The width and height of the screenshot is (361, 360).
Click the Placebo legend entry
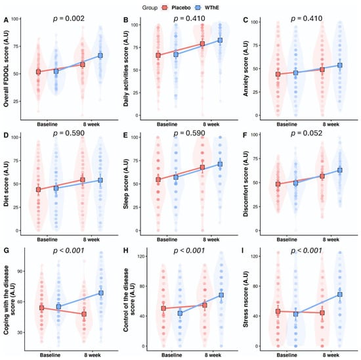176,8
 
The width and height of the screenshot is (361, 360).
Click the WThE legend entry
207,8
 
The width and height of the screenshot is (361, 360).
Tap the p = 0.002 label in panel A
69,18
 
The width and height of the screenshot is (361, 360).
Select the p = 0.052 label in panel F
307,133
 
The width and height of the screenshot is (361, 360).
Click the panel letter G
6,250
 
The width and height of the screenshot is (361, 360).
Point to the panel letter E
126,135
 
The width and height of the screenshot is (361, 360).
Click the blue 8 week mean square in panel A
100,56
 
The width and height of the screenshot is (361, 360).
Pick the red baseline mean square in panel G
41,308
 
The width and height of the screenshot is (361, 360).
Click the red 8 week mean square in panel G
84,314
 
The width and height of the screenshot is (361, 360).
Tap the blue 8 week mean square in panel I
339,294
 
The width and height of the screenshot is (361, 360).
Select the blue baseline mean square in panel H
180,313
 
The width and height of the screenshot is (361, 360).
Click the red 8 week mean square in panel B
202,44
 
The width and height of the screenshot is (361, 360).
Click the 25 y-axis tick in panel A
16,101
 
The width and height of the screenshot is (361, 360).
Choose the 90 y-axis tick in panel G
20,271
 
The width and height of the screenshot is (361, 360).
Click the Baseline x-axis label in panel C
287,124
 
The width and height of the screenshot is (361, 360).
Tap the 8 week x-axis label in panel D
91,240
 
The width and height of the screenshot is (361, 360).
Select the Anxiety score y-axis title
246,68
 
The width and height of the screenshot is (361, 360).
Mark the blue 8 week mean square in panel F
339,170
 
